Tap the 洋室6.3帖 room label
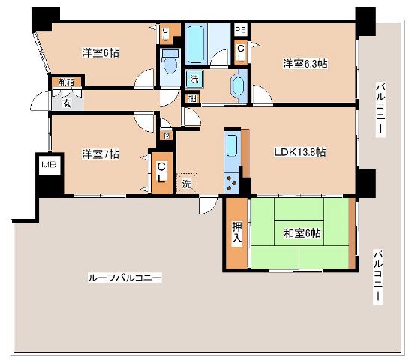[305, 64]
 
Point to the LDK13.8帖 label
[298, 152]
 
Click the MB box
[47, 164]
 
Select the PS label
[240, 31]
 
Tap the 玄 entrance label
[66, 103]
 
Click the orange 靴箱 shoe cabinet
[66, 84]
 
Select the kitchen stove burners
[232, 181]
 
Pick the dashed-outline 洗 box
[186, 182]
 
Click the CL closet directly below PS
[240, 52]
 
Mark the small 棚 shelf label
[194, 97]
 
